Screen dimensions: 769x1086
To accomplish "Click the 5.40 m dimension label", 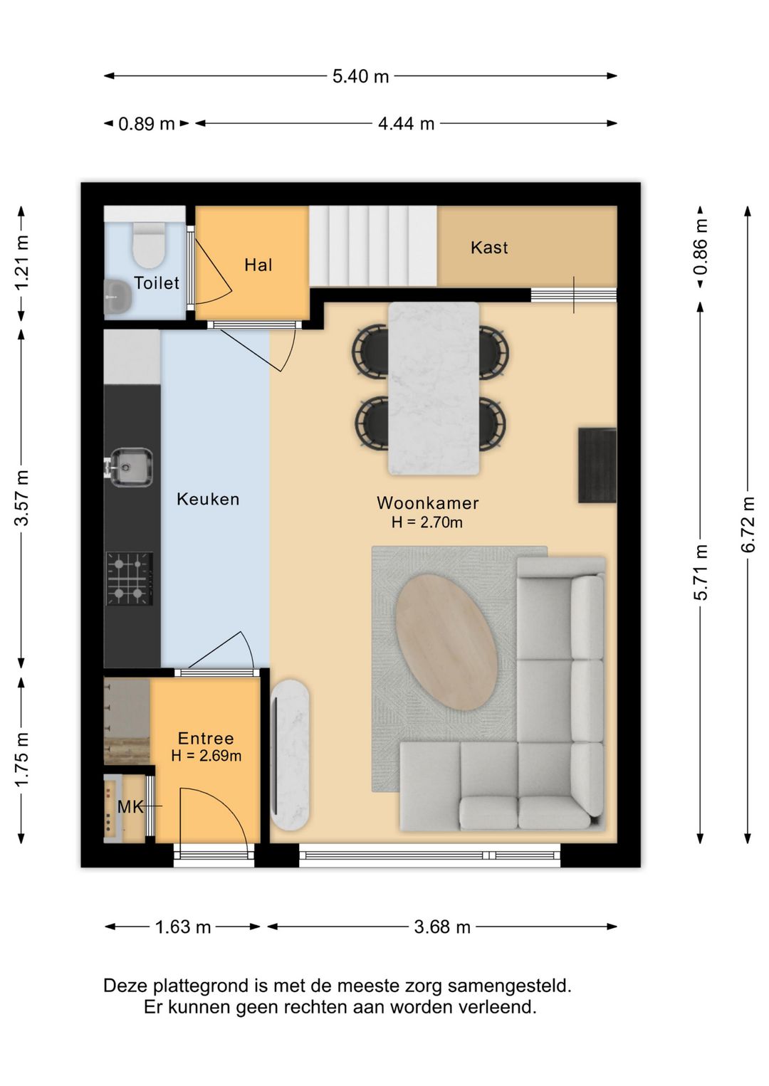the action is pos(360,76).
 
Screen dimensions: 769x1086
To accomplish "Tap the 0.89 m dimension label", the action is pos(147,124).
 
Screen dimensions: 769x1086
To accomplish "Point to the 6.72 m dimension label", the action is pos(748,524).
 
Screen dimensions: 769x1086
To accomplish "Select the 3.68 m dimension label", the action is pos(442,927).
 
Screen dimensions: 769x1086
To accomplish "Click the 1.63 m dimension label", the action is pos(183,927).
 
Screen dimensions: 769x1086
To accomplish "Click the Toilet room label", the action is pos(157,283).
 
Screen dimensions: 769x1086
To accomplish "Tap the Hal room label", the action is pos(258,265).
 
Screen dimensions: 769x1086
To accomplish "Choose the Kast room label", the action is pos(489,247).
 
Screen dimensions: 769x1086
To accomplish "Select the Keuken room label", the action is pos(208,499).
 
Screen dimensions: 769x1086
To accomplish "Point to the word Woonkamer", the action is pos(427,502).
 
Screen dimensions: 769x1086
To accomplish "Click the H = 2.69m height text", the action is pos(206,755).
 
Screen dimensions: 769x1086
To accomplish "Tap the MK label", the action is pos(130,807).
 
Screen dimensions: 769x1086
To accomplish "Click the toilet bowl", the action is pos(150,245).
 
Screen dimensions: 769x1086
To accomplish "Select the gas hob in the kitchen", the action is pos(130,579).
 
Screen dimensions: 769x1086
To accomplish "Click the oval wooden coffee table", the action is pos(446,643).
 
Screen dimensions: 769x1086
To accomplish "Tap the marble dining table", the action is pos(434,389).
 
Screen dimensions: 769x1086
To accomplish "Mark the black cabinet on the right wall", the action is pos(597,465).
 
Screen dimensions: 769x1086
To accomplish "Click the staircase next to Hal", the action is pos(374,246).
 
